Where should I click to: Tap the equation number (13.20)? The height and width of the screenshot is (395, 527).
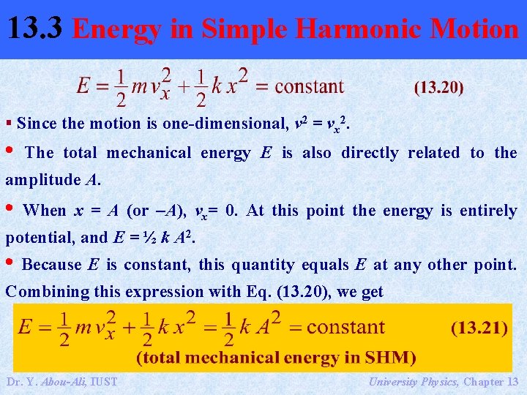438,88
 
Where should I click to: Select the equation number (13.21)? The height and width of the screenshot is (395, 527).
479,328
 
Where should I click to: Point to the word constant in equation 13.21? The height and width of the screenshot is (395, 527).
345,326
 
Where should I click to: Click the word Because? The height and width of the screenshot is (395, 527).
51,265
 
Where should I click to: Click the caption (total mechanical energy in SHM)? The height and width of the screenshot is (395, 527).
276,358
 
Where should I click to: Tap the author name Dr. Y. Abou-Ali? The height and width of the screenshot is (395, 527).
50,381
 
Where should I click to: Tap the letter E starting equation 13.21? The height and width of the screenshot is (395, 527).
26,327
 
